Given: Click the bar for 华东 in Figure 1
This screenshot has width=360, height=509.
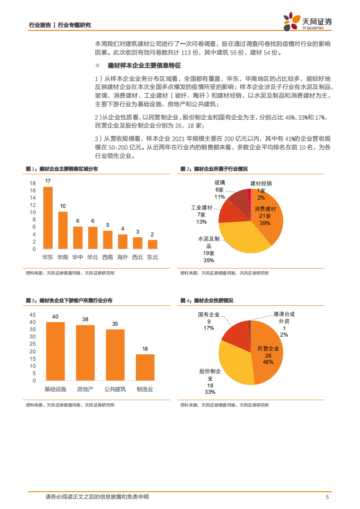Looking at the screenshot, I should [x=48, y=218].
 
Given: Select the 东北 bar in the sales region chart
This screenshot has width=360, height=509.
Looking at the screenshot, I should [x=153, y=244].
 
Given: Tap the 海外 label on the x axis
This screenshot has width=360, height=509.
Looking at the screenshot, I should [x=123, y=257].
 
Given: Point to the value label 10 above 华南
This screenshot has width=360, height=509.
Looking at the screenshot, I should [x=63, y=206].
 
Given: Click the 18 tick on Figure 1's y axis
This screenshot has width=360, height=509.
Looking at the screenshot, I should [x=33, y=183].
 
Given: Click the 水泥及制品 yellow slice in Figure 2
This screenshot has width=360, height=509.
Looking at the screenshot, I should [x=241, y=236].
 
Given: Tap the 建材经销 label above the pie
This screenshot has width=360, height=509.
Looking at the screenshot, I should [x=261, y=184].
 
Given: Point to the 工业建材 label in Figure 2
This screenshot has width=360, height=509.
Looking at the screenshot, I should [x=202, y=208].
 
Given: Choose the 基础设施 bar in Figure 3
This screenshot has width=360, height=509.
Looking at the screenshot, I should [x=55, y=352].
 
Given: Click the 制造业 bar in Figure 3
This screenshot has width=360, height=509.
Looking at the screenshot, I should [x=145, y=367].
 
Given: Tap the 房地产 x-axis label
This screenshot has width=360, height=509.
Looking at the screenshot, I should [x=85, y=389].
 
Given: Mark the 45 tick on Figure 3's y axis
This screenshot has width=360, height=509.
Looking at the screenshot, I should [x=32, y=315].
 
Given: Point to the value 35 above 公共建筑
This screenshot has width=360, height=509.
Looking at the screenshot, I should [x=115, y=324].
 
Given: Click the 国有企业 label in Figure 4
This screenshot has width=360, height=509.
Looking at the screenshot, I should [x=208, y=314].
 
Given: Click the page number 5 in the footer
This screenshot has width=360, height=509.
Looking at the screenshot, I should [x=327, y=497].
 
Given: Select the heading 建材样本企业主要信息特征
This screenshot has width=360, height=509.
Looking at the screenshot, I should [x=145, y=66].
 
